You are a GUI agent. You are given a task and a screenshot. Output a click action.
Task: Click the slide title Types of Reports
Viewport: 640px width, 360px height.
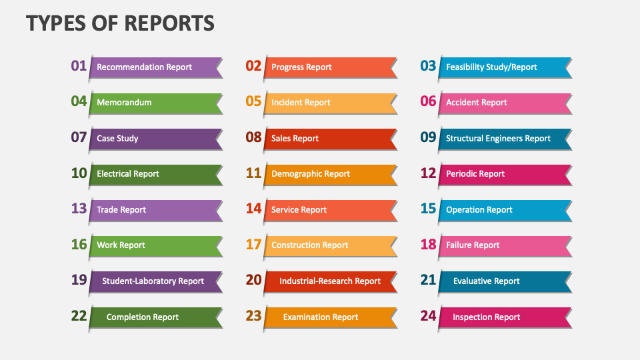[x=121, y=23]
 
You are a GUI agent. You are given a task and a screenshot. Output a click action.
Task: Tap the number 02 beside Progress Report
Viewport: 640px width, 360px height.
[x=254, y=65]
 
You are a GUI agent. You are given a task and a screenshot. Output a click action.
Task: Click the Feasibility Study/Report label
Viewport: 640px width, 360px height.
[x=491, y=67]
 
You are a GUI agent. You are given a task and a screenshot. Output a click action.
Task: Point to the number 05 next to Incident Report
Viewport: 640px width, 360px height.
[x=254, y=101]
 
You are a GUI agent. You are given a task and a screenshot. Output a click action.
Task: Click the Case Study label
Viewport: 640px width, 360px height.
[x=118, y=139]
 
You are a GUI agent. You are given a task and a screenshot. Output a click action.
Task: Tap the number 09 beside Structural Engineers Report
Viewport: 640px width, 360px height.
[x=428, y=137]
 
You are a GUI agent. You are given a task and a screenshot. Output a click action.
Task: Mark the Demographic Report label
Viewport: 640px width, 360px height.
[x=311, y=174]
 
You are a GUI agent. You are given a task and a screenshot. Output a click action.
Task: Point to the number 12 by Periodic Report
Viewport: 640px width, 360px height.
[x=428, y=173]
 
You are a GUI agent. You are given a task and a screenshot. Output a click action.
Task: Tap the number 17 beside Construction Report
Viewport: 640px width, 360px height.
[x=254, y=245]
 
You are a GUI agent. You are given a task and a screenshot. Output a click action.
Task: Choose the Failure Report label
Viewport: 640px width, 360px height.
[x=473, y=245]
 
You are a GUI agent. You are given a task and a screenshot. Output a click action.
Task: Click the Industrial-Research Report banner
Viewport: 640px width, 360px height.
[x=330, y=281]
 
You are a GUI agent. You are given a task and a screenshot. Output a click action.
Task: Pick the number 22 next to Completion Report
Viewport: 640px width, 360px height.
[x=79, y=316]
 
